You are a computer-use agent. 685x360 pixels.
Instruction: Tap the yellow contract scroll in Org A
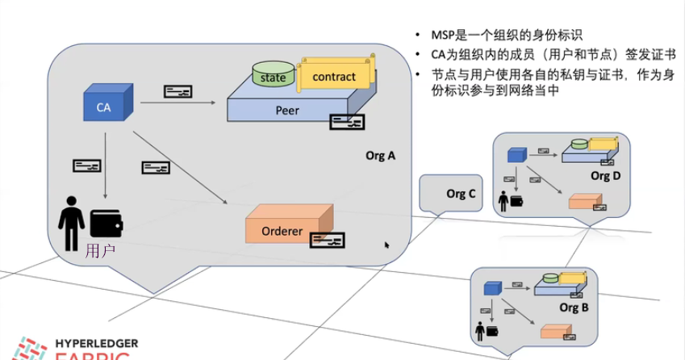[333, 76]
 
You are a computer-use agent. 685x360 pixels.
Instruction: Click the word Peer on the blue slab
[286, 111]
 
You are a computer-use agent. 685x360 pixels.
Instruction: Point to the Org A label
[380, 156]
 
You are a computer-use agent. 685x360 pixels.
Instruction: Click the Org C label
[461, 194]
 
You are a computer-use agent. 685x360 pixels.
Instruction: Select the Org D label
[605, 175]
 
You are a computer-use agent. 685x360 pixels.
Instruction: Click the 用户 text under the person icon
[100, 250]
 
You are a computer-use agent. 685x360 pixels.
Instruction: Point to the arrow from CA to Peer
[178, 103]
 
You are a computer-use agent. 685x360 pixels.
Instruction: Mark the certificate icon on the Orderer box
[327, 240]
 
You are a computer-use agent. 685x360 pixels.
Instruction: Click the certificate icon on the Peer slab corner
[347, 123]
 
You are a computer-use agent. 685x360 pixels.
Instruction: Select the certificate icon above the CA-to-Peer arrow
[178, 91]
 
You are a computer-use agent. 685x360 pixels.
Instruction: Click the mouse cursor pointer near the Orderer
[387, 245]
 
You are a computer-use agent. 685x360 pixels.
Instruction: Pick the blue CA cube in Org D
[516, 155]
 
